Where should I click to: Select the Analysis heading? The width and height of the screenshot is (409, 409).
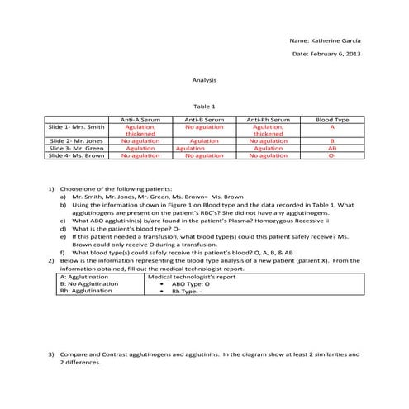tap(204, 80)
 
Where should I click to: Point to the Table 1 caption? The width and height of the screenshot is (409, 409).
tap(204, 106)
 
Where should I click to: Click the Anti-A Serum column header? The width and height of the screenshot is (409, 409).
tap(140, 121)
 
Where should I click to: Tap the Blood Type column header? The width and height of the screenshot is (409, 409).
tap(332, 121)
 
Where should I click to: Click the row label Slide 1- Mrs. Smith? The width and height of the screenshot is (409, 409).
tap(77, 127)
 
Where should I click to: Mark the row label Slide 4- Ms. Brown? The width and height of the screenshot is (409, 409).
tap(76, 155)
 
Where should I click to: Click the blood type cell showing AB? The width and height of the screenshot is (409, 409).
tap(332, 148)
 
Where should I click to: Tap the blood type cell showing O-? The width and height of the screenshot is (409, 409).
tap(332, 155)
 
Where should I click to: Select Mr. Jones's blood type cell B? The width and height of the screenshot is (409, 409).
tap(332, 141)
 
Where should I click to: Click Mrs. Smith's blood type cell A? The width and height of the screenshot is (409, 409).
tap(332, 127)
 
